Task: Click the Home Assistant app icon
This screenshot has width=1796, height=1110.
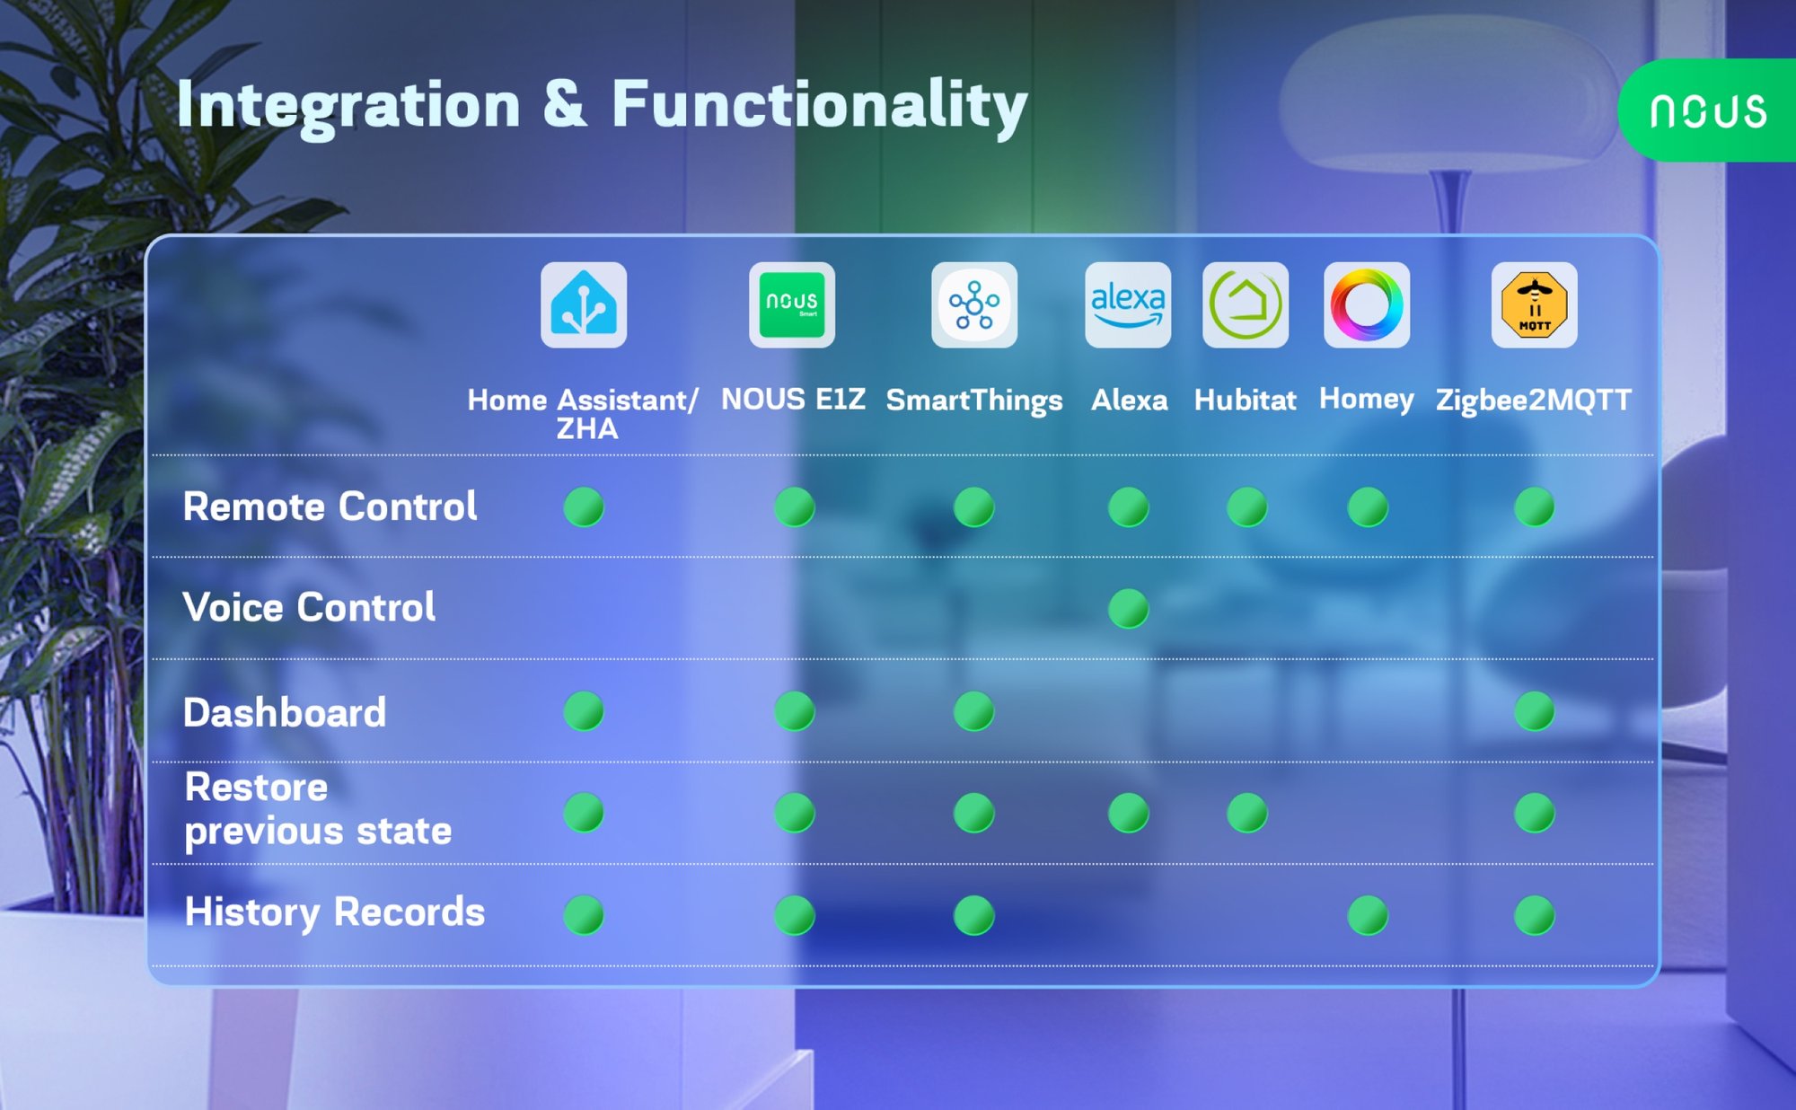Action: (584, 304)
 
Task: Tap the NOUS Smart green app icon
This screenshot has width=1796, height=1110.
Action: (792, 304)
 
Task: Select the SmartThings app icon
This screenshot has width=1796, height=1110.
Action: (974, 304)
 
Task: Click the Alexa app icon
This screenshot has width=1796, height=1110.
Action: (1128, 304)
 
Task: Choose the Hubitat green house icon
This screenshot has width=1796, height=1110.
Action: (1246, 304)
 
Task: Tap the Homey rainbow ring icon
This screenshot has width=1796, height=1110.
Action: (1367, 304)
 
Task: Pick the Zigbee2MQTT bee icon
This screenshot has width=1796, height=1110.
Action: (1535, 304)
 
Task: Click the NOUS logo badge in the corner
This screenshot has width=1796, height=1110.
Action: (1707, 110)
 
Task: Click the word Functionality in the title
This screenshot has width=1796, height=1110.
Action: (819, 105)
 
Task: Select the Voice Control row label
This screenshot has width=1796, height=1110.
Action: (309, 607)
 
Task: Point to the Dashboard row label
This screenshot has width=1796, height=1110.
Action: (285, 712)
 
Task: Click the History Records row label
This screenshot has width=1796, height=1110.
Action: (334, 912)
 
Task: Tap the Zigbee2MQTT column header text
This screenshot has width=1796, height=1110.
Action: (1534, 400)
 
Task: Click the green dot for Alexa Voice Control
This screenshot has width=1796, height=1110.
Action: (1129, 609)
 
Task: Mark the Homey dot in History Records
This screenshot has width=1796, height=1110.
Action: (1368, 915)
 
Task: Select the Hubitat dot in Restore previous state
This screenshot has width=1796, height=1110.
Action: (1247, 813)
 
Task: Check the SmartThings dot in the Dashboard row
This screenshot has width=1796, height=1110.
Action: (974, 711)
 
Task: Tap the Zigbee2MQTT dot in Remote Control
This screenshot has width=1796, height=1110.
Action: (1535, 507)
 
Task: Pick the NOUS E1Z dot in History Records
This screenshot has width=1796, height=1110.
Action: (795, 915)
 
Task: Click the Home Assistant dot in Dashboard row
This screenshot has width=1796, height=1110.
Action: (584, 711)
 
